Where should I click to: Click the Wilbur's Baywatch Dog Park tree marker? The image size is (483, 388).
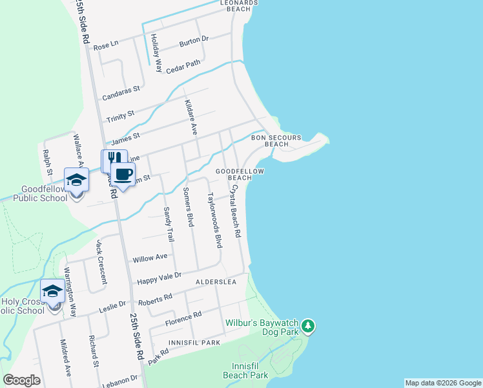[x=309, y=325]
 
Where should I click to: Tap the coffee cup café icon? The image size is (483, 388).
[x=123, y=173]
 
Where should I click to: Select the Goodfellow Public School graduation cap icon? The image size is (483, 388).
[x=76, y=180]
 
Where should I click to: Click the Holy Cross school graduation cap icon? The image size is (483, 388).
[x=52, y=292]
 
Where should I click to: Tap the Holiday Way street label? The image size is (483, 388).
[x=155, y=53]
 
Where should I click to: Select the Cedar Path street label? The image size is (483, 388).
[x=183, y=67]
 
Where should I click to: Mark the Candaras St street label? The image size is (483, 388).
[x=122, y=90]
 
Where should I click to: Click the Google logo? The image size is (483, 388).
[x=21, y=380]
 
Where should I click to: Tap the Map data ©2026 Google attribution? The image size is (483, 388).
[x=443, y=383]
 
